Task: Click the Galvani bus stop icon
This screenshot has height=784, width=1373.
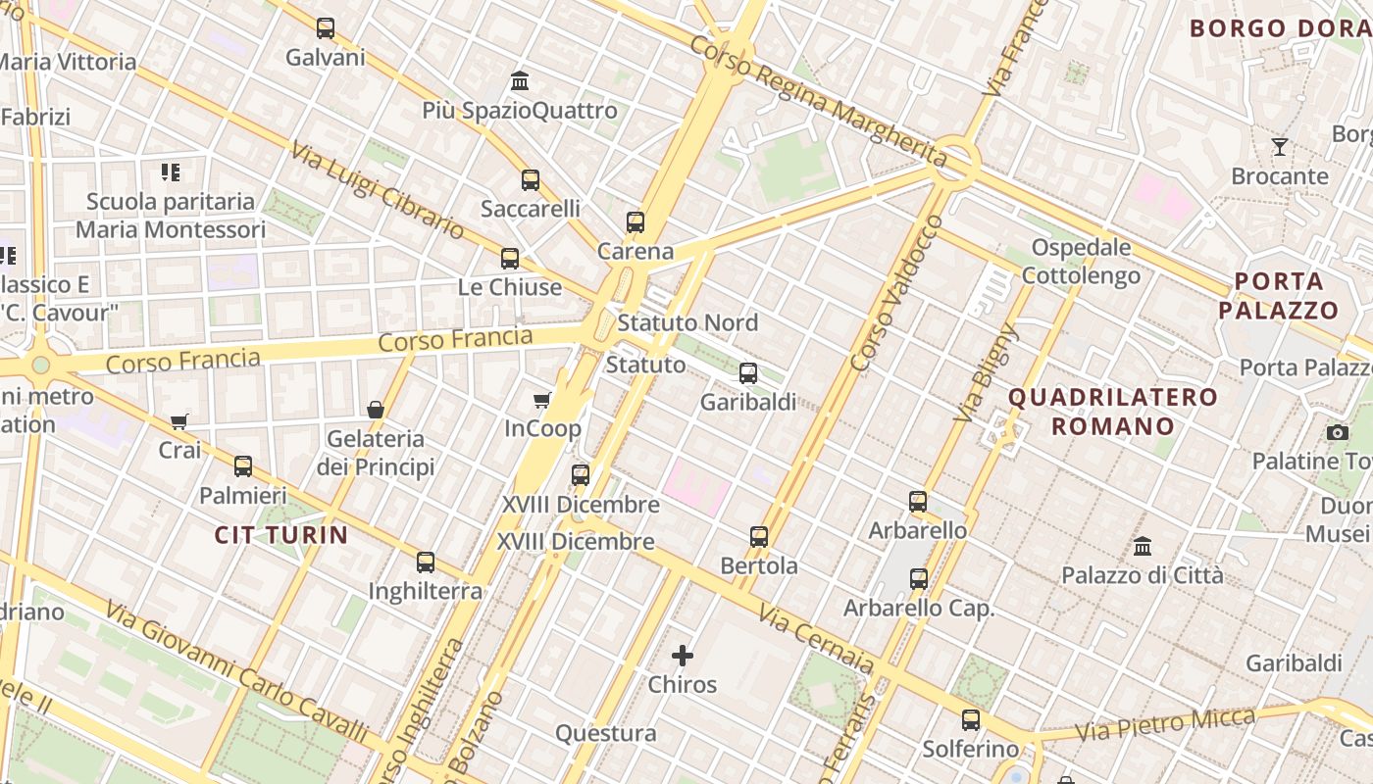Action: [326, 28]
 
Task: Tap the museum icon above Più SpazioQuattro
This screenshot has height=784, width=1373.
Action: [520, 80]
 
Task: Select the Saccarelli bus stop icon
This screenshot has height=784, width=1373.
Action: [531, 180]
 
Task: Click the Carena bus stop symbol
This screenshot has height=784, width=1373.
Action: [636, 222]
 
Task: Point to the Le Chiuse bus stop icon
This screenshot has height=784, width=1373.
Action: [510, 259]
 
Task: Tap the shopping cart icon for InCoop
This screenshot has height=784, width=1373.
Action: [541, 400]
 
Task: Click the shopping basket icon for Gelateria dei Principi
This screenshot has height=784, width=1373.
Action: [375, 409]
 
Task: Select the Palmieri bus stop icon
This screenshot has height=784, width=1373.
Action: [243, 466]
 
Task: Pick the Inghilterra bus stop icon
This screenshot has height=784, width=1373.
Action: [426, 563]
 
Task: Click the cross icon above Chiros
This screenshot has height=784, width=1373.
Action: [683, 655]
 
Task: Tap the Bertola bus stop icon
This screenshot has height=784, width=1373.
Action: [759, 537]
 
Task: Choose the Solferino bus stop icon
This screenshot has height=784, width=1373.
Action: [971, 720]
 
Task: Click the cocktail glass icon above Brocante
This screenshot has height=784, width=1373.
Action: [1280, 147]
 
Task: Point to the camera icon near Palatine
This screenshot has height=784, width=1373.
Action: [1338, 432]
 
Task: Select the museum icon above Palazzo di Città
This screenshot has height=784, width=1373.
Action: [1143, 546]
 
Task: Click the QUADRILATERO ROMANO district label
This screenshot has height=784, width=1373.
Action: [1113, 412]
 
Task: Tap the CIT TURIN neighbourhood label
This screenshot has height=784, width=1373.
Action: [281, 535]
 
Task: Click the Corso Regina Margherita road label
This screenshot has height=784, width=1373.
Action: [818, 102]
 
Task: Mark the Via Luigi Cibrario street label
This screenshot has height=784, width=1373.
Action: [378, 190]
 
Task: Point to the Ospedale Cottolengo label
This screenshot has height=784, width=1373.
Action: [1081, 261]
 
